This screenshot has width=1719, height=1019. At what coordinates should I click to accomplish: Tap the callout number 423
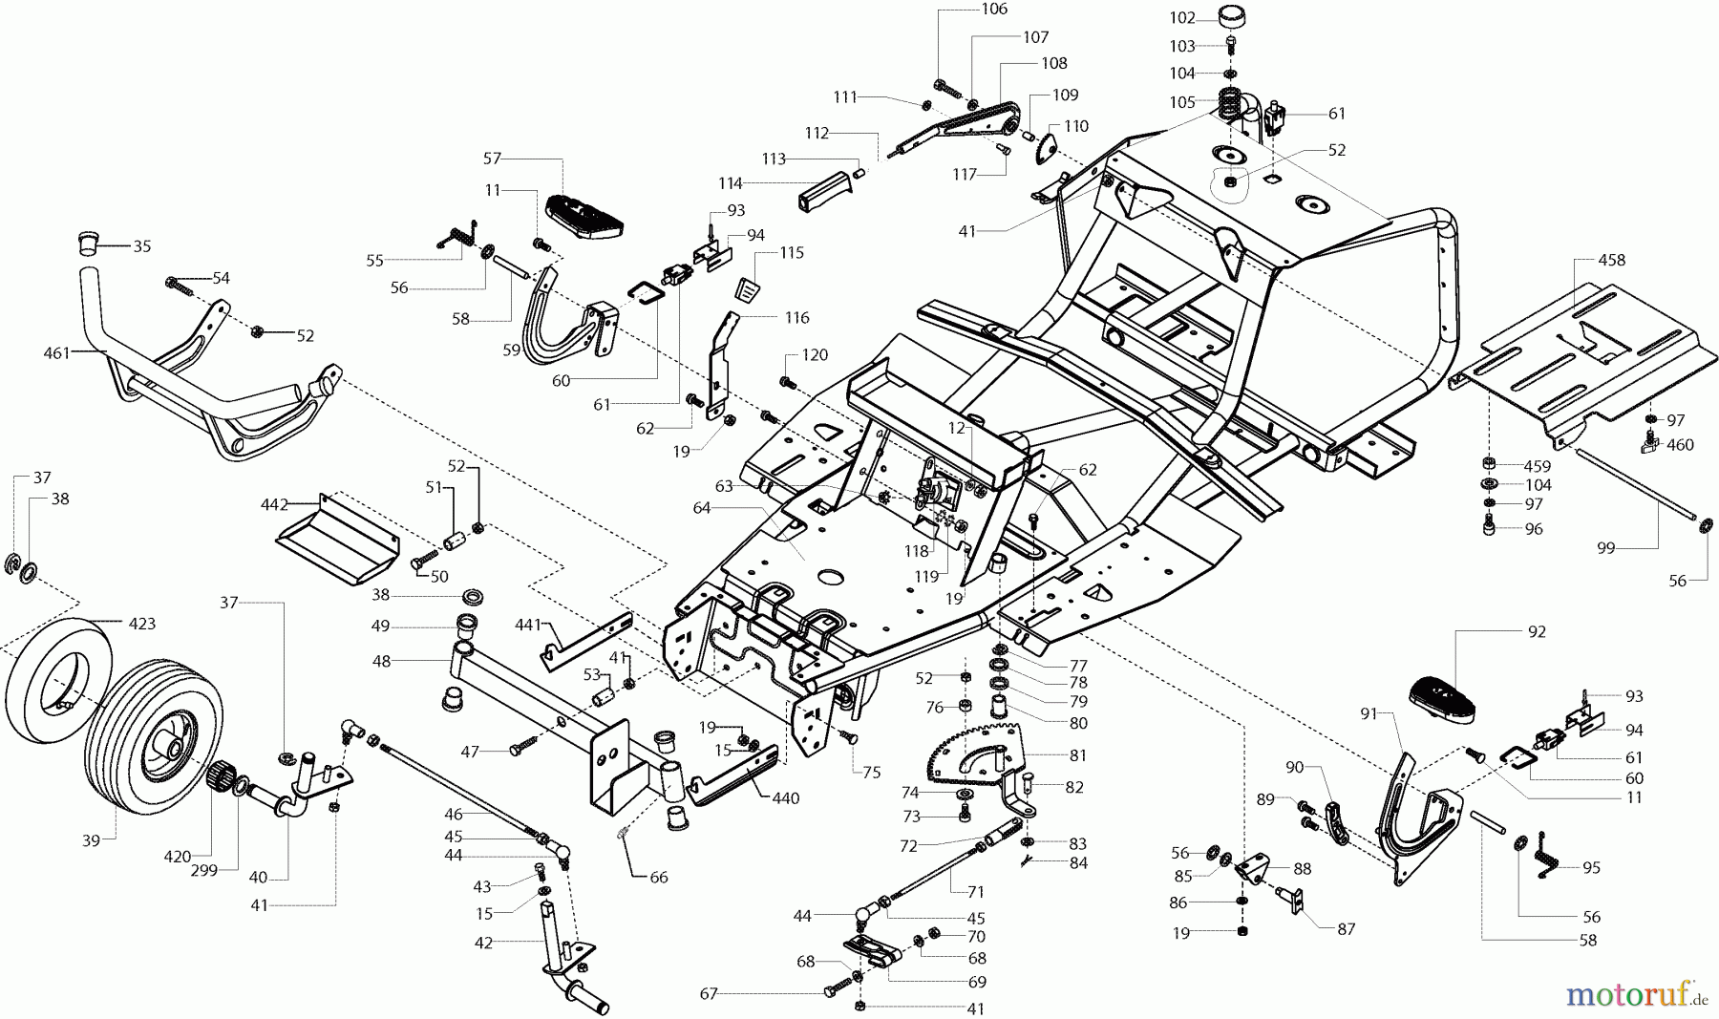[x=141, y=625]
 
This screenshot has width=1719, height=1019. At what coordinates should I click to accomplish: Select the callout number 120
[x=815, y=355]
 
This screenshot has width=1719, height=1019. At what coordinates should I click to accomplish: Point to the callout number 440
[x=786, y=798]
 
